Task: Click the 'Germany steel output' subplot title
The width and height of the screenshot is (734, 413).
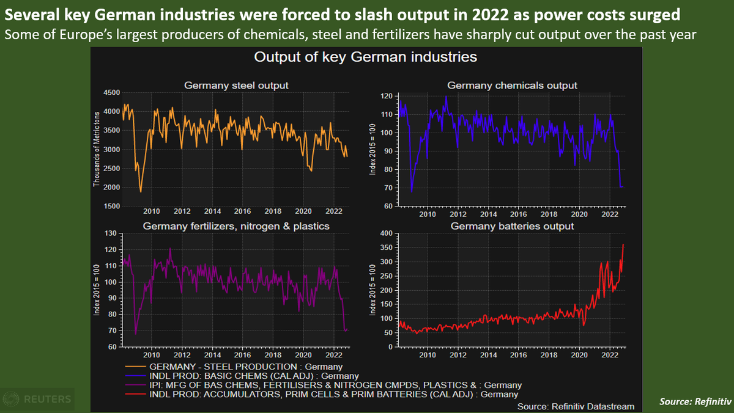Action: pyautogui.click(x=236, y=86)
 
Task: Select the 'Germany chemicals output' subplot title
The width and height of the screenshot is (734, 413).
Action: pyautogui.click(x=512, y=86)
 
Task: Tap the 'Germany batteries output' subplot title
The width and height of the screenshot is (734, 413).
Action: pyautogui.click(x=512, y=226)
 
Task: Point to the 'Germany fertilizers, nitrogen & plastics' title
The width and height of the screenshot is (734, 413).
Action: pyautogui.click(x=236, y=226)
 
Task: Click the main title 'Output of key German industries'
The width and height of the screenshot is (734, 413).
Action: pyautogui.click(x=365, y=57)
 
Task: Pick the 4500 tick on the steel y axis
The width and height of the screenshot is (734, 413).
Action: pyautogui.click(x=111, y=92)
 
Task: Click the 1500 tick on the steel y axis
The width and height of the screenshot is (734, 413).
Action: pyautogui.click(x=111, y=206)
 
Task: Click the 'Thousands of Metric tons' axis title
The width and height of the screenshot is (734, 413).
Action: pyautogui.click(x=97, y=150)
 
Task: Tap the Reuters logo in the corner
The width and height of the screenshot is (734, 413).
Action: pyautogui.click(x=38, y=400)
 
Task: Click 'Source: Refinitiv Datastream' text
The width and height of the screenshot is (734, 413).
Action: pyautogui.click(x=576, y=406)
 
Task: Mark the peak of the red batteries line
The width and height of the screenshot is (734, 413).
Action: pyautogui.click(x=623, y=245)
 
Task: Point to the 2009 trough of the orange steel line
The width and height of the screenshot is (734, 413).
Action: pyautogui.click(x=141, y=192)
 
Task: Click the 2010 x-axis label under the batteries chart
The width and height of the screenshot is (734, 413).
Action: pyautogui.click(x=427, y=354)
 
